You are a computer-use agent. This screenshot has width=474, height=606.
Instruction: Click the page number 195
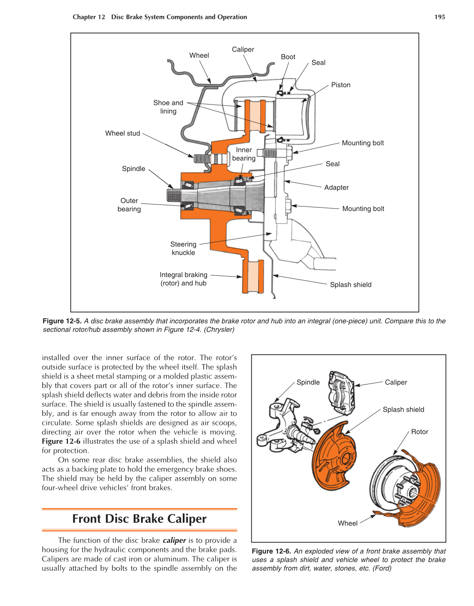(x=440, y=17)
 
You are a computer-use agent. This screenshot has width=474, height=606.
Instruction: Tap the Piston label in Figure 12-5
(x=341, y=85)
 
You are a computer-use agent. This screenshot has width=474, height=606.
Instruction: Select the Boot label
(x=288, y=57)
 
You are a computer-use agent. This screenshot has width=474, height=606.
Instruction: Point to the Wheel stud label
(x=123, y=134)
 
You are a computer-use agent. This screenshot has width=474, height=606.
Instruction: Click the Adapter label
(x=336, y=188)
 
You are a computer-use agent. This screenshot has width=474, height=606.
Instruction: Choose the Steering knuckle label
(x=183, y=248)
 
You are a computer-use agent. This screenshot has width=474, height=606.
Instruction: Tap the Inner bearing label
(x=244, y=154)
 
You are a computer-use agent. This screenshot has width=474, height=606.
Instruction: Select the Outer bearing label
(x=129, y=205)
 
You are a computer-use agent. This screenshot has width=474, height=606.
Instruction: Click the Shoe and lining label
(x=168, y=107)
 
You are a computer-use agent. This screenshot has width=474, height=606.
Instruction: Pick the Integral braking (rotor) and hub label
(x=183, y=279)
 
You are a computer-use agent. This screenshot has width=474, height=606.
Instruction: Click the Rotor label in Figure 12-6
(x=419, y=432)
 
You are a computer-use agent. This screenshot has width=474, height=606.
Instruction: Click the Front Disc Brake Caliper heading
(x=139, y=519)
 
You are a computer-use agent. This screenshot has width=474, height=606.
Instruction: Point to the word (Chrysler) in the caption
(x=219, y=330)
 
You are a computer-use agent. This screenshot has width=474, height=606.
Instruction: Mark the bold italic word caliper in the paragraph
(x=174, y=540)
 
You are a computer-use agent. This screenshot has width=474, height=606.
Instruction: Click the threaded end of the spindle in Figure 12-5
(x=174, y=195)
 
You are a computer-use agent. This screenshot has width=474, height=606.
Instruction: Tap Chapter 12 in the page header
(x=89, y=17)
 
